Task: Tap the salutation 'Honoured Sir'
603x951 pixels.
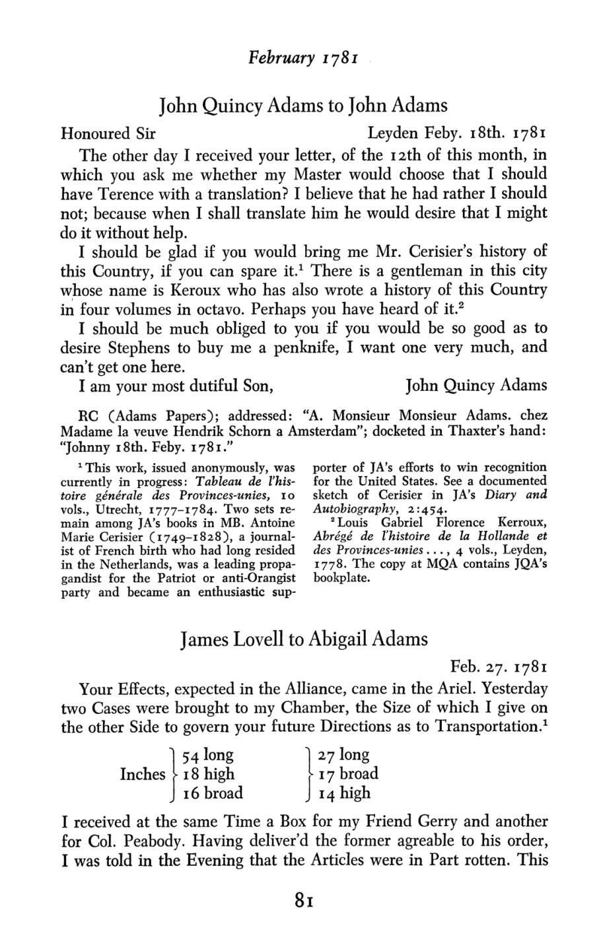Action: [108, 133]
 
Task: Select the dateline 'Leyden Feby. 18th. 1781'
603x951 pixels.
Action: [457, 133]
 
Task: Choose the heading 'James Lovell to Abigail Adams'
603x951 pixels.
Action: [304, 639]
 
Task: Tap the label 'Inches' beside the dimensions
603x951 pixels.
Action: [143, 774]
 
